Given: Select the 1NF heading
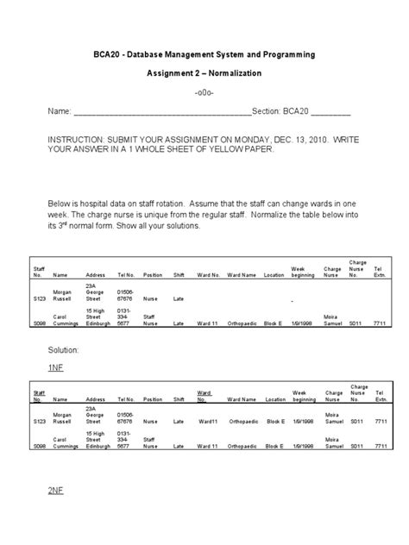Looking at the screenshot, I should click(56, 366).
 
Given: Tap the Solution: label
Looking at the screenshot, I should click(64, 351).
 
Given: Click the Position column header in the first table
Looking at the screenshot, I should click(153, 275).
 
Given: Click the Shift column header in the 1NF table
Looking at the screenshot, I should click(179, 400).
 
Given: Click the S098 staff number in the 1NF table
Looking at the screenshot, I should click(39, 448).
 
